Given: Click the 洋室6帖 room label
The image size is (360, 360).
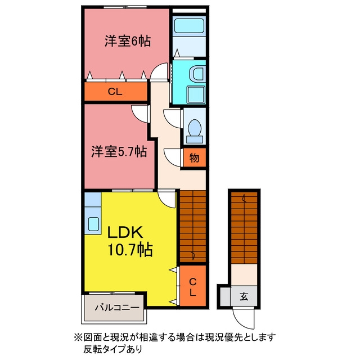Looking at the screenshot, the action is point(128,41).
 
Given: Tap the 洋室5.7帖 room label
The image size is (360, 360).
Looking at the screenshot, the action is point(119,151).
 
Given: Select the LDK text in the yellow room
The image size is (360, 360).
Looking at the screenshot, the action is point(125,232).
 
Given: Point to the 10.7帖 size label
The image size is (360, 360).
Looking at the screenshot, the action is point(130,250).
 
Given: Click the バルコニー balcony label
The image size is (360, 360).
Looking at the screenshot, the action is point(117,308).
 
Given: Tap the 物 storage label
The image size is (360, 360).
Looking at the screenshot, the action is point(194,157).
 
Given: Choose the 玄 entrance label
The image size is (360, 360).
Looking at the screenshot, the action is point(244,296).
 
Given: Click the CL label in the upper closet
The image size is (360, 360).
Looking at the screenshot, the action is point(115,92).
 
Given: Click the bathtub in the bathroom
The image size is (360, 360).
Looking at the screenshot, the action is point(189,26).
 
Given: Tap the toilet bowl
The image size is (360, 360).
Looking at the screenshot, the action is point(195,128).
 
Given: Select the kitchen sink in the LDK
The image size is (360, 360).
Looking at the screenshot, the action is point(93,223).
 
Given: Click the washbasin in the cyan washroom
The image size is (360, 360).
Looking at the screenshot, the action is point(197,74).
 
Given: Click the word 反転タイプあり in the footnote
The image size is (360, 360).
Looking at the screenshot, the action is point(112,349).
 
